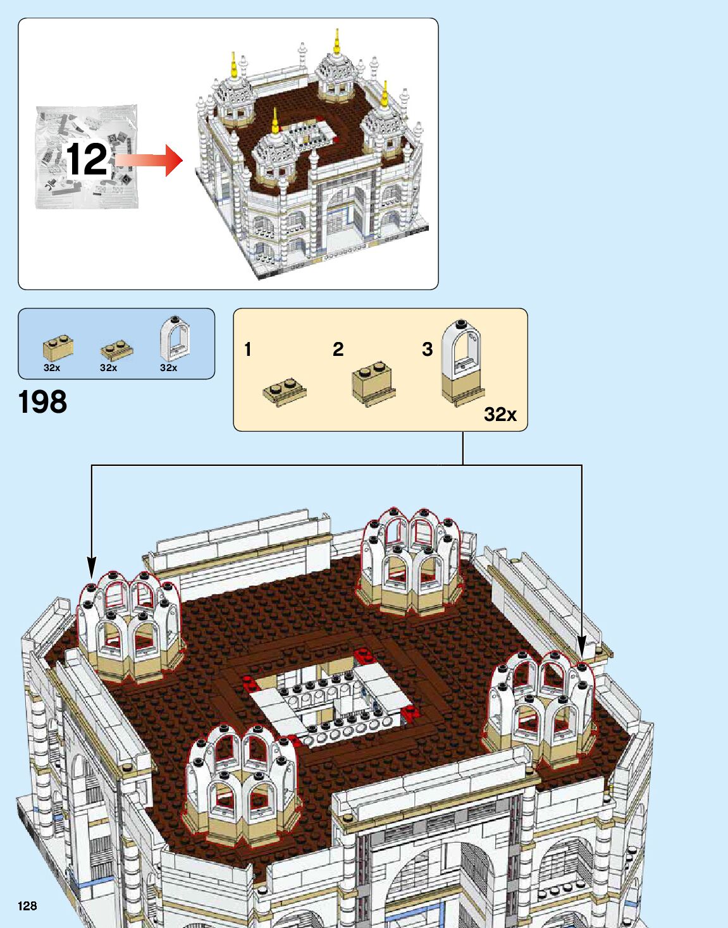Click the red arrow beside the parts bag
coord(152,160)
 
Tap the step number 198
coord(42,402)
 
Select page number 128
coord(27,906)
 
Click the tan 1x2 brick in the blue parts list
coord(58,347)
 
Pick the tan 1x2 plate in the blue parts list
coord(116,349)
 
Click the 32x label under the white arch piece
coord(168,368)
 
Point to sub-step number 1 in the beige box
coord(248,349)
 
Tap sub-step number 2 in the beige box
coord(338,349)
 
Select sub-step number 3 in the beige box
coord(428,349)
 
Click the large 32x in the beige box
coord(500,414)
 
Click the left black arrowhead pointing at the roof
coord(92,566)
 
